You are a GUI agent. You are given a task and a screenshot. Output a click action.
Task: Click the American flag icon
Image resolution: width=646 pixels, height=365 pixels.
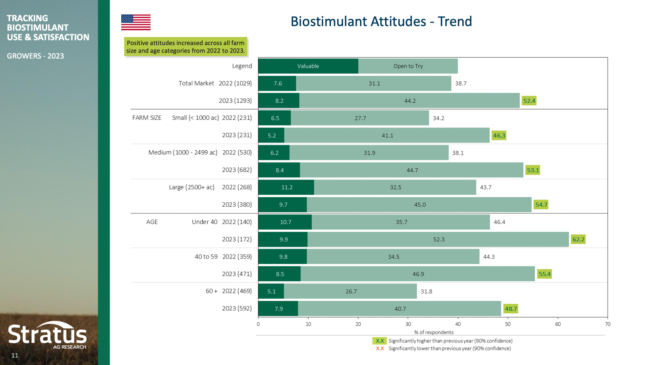136,22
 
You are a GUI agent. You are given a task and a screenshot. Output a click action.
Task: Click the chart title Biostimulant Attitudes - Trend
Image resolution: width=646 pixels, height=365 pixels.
381,22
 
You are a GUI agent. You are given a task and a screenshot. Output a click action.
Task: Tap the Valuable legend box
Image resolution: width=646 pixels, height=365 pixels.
308,66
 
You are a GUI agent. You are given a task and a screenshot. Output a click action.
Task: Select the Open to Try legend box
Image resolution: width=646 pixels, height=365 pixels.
408,66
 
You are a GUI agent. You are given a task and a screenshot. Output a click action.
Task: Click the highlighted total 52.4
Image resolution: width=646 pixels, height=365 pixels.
529,101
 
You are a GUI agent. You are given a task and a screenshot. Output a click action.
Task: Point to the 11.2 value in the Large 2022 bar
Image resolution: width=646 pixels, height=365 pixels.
287,187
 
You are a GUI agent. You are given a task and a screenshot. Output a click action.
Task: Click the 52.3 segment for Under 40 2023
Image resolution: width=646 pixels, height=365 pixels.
438,239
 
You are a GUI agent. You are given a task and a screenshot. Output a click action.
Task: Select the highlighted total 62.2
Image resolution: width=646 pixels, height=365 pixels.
578,239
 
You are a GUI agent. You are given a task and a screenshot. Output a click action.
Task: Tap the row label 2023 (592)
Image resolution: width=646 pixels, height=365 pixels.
237,308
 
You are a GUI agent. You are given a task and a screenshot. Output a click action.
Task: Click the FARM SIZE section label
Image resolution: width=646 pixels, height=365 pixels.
147,118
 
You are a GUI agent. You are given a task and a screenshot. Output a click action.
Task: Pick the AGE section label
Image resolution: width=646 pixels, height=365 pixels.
152,222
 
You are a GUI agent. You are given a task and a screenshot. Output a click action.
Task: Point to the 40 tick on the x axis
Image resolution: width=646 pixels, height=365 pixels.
458,324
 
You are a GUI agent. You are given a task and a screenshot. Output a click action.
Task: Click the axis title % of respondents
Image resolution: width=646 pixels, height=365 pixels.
433,332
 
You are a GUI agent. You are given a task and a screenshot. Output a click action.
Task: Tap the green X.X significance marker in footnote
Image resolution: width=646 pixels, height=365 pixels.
380,341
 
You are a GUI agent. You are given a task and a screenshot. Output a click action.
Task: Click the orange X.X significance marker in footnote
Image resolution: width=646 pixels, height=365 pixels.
380,349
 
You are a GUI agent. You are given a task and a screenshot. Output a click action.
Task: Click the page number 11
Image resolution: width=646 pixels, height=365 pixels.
15,355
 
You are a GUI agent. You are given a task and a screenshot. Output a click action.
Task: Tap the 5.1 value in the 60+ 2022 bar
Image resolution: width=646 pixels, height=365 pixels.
271,292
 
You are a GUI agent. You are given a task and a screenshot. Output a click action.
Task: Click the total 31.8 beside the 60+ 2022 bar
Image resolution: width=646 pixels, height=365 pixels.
426,292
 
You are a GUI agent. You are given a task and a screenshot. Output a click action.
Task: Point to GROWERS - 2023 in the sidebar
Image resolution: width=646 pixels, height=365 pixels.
35,56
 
